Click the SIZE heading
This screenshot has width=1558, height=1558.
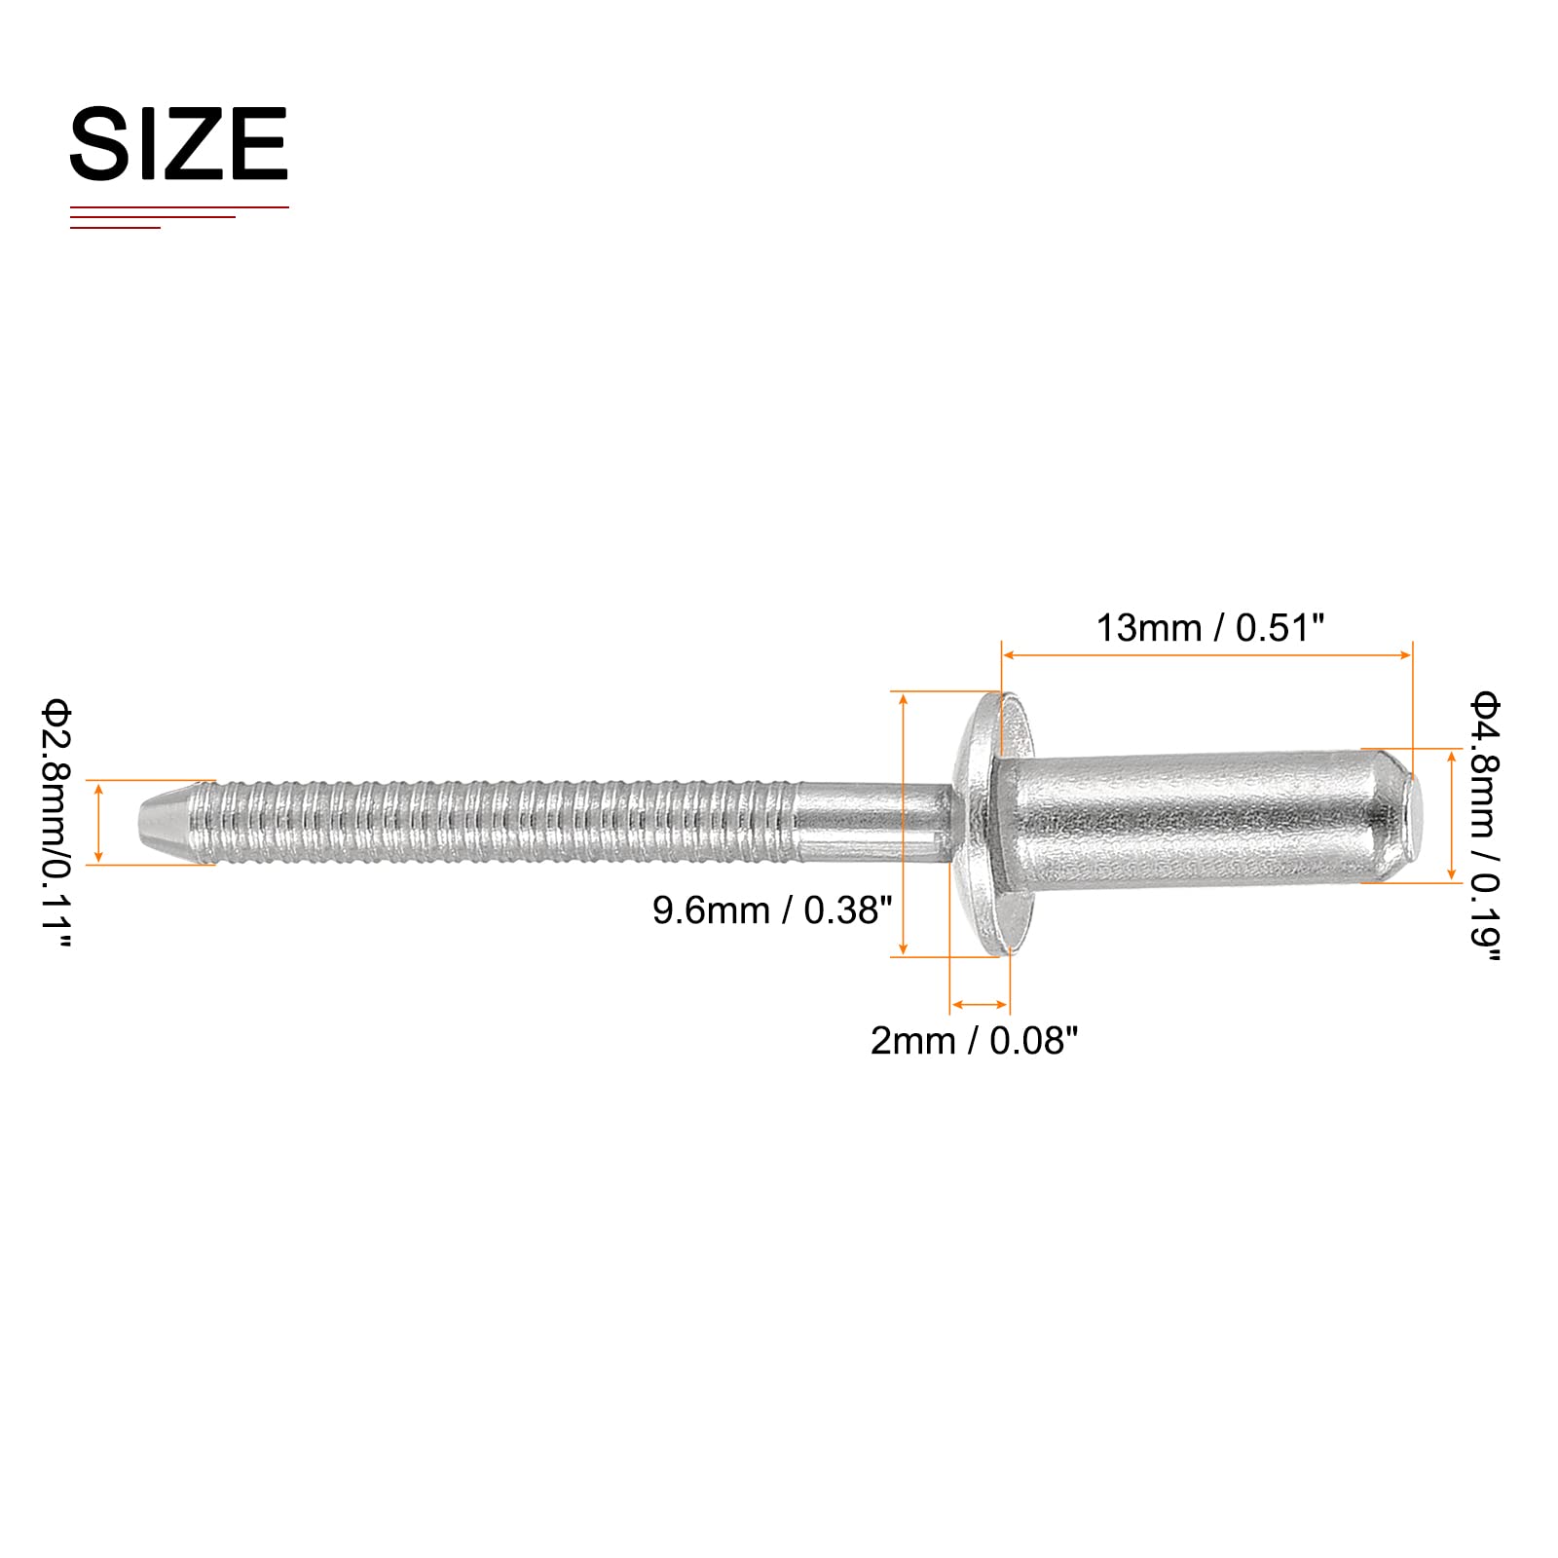pyautogui.click(x=179, y=144)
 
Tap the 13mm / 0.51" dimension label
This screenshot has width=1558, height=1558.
pyautogui.click(x=1210, y=628)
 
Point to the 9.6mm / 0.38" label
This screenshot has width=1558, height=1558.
pyautogui.click(x=772, y=910)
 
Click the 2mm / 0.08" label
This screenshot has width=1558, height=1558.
pyautogui.click(x=975, y=1041)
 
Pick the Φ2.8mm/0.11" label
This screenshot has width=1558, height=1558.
pyautogui.click(x=56, y=823)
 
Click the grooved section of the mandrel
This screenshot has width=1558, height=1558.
pyautogui.click(x=501, y=822)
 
